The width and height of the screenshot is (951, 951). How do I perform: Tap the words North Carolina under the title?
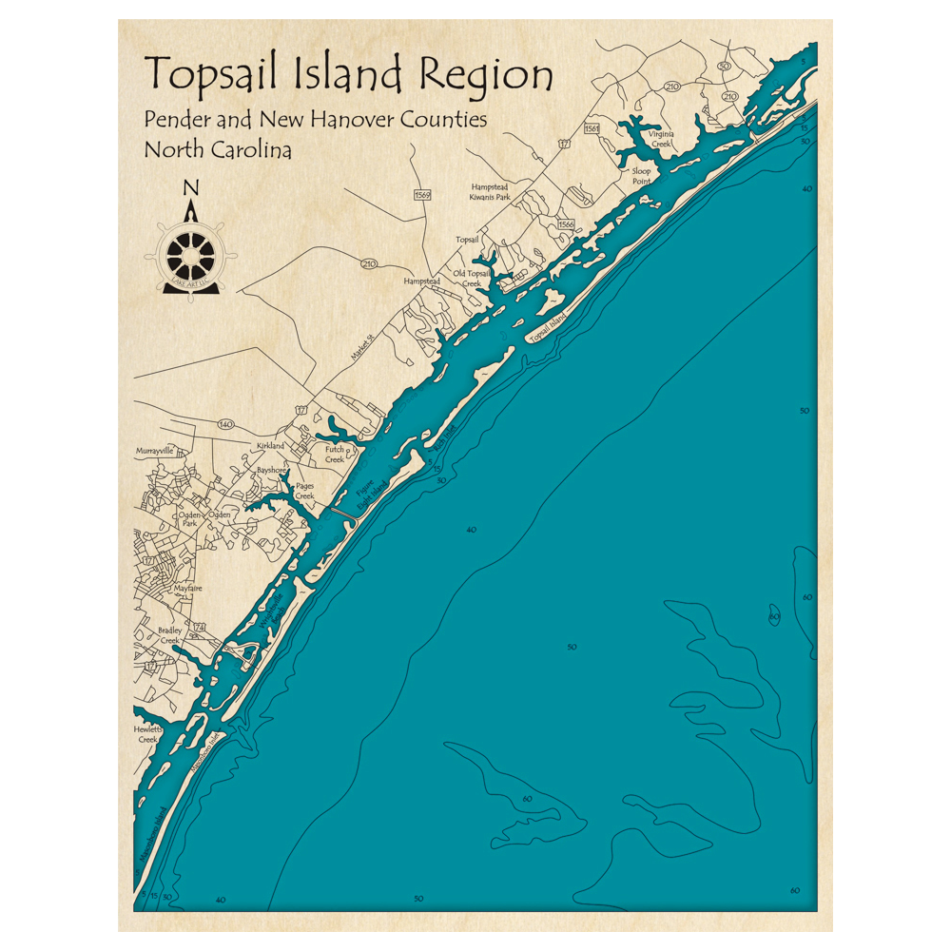pos(218,149)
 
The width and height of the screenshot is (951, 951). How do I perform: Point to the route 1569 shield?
pos(422,195)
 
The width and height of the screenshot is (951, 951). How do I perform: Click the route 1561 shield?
pos(592,128)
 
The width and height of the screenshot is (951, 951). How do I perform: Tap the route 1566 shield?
pos(566,223)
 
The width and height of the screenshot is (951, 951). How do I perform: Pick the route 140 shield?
pos(225,423)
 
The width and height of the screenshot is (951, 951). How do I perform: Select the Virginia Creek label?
pos(661,139)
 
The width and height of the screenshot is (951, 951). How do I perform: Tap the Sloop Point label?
pos(642,175)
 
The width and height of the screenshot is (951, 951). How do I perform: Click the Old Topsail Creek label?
pos(473,278)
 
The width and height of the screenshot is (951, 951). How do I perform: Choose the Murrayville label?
pos(155,451)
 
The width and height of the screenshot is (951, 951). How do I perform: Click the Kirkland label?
pos(271,446)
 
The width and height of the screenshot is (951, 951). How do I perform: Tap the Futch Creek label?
pos(335,454)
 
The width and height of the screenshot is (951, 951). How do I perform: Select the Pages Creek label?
pos(304,492)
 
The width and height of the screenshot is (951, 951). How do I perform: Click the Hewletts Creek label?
pos(147,733)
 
